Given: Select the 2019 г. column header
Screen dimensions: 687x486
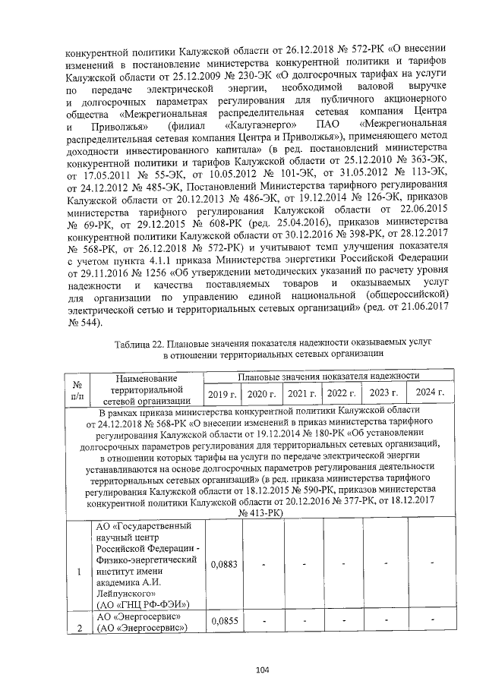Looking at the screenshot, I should pos(222,393).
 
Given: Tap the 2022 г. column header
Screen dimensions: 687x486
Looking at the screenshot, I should pos(341,393).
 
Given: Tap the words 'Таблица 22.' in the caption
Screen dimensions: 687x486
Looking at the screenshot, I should pos(142,344).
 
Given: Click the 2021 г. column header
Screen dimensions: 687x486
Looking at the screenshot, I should pos(301,393).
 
